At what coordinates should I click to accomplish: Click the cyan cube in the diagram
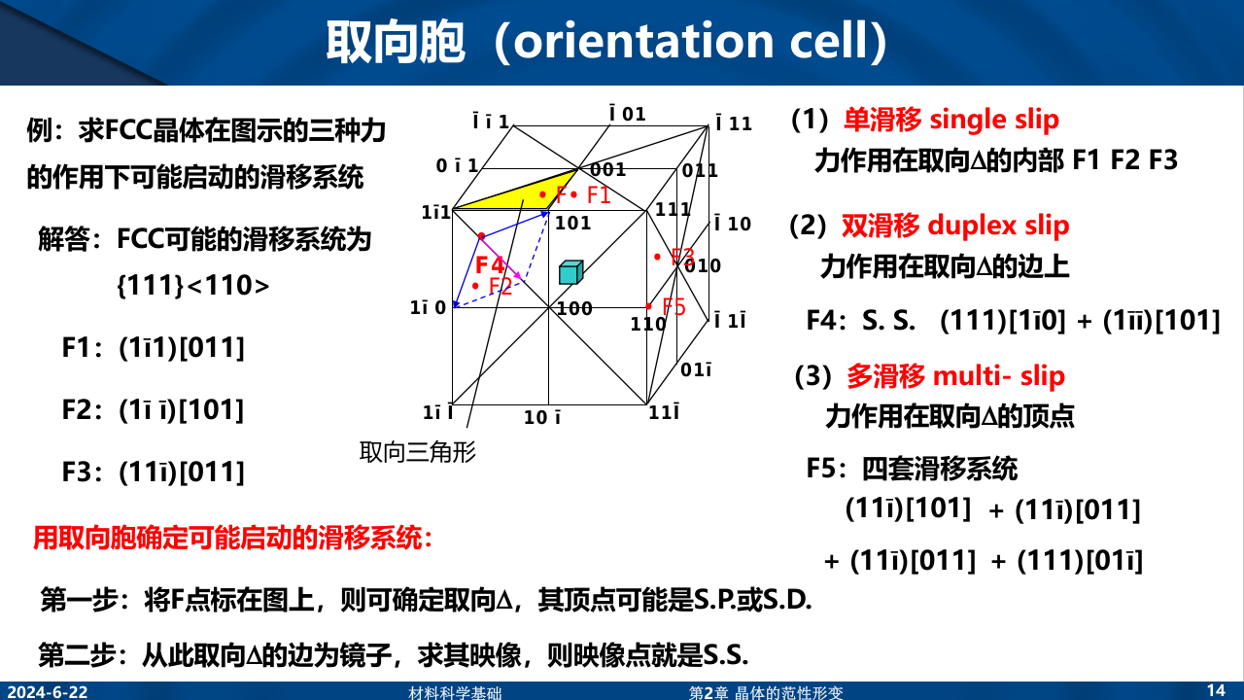click(x=570, y=272)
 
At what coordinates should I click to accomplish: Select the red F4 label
click(x=490, y=265)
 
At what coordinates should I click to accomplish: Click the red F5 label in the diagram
click(x=674, y=306)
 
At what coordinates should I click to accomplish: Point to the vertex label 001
click(x=608, y=169)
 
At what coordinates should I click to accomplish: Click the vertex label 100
click(x=574, y=308)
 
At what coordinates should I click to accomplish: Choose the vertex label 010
click(x=703, y=266)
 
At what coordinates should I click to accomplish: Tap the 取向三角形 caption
click(x=418, y=452)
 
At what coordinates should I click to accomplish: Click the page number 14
click(x=1216, y=690)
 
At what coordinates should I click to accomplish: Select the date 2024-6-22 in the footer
click(x=48, y=692)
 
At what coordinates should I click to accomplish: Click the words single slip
click(x=994, y=120)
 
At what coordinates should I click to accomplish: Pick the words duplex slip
click(x=998, y=226)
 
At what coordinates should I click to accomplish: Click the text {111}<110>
click(x=192, y=286)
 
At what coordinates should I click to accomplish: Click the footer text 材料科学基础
click(x=455, y=693)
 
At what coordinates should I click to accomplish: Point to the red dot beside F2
click(x=475, y=286)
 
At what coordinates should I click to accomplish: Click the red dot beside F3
click(x=657, y=257)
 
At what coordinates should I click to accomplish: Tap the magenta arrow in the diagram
click(x=501, y=258)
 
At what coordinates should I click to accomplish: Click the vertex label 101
click(x=573, y=224)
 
